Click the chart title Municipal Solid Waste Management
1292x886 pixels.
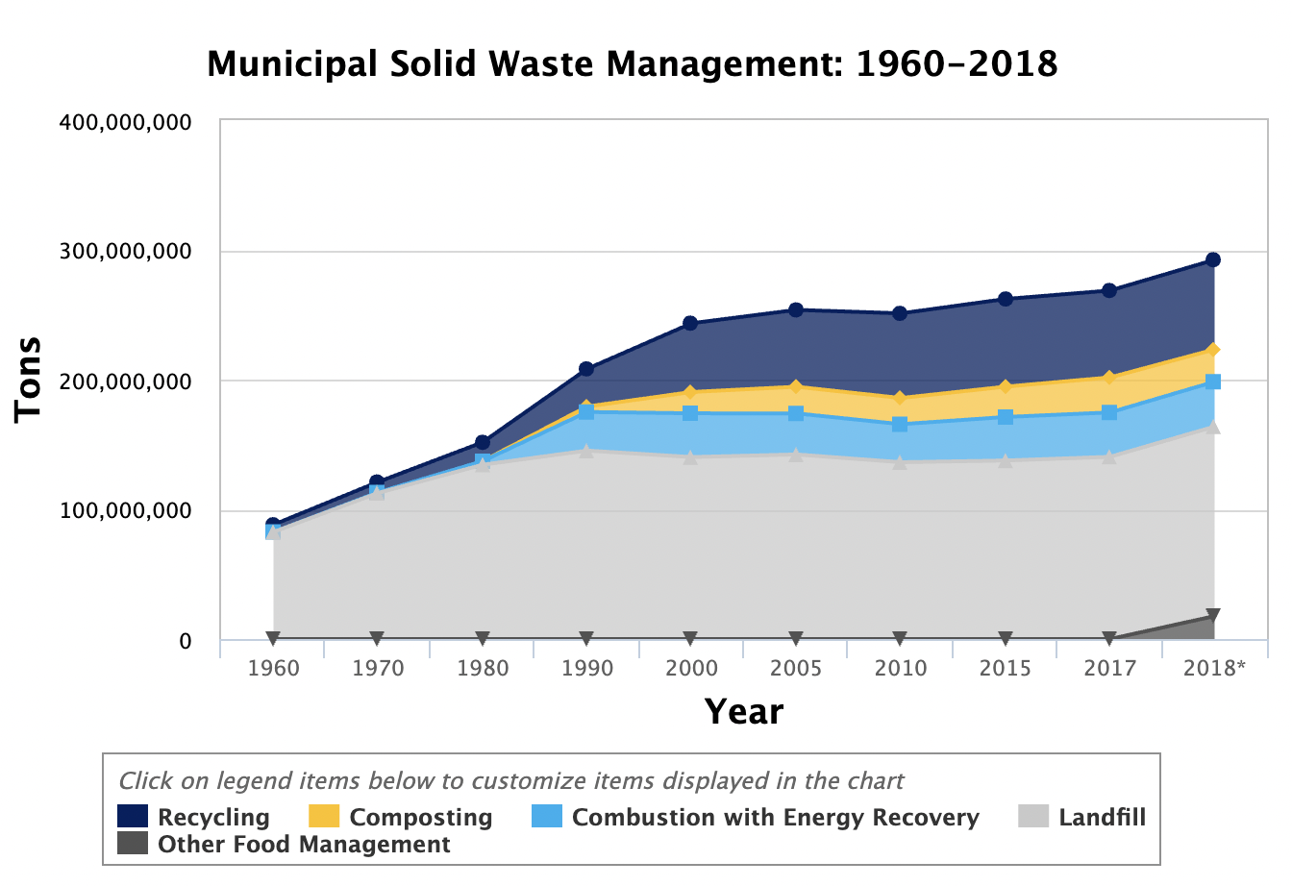632,65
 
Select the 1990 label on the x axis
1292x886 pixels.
586,668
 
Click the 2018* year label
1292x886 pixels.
1214,668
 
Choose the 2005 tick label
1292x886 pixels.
796,668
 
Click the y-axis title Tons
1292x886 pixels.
29,378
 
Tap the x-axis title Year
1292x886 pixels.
744,712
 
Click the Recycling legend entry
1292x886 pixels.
213,818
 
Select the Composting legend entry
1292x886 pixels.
420,818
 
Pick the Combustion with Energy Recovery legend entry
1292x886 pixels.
775,818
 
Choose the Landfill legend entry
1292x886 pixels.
1102,818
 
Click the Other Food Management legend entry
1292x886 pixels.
304,845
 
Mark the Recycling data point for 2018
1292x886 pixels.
1213,259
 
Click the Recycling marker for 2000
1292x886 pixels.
690,323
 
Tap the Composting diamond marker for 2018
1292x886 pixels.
1213,350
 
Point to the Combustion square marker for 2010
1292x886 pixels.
900,424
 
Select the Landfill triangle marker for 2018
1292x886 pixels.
1213,427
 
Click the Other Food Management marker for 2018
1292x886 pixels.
1213,616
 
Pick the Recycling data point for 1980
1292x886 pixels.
483,443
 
